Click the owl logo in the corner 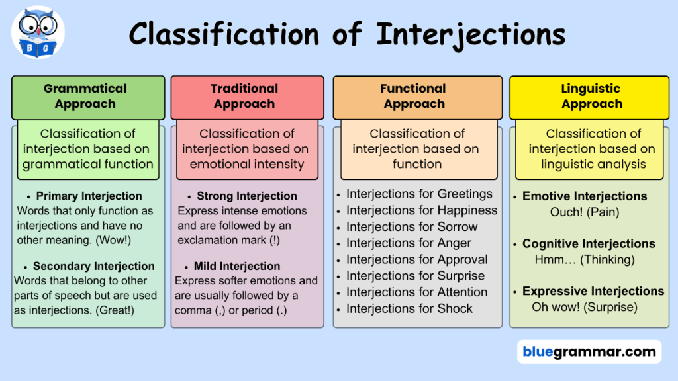38,32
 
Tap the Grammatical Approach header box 88,98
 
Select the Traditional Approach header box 248,98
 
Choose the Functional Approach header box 418,98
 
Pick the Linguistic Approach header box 589,98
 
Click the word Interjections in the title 471,34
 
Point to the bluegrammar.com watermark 589,352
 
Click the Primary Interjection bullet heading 89,196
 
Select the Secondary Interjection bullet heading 94,266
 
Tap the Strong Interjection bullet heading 247,196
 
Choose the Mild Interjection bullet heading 237,266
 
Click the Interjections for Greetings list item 419,194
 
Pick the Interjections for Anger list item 409,243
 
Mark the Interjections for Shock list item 409,308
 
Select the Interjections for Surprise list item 416,276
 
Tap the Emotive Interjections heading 585,196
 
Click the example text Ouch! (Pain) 585,212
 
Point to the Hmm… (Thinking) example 585,259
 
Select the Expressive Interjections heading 593,291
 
